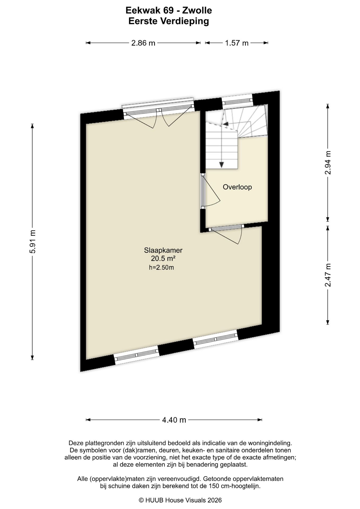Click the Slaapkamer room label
163,250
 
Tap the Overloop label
237,187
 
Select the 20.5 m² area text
163,258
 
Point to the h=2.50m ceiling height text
161,267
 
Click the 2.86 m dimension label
143,43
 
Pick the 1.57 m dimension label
237,43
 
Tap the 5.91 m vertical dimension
32,242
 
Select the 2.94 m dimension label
328,163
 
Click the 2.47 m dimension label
328,275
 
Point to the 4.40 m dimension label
174,420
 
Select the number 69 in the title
169,10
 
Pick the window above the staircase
237,100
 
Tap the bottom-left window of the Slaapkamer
137,355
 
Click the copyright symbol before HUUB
141,500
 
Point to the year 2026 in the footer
214,500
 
